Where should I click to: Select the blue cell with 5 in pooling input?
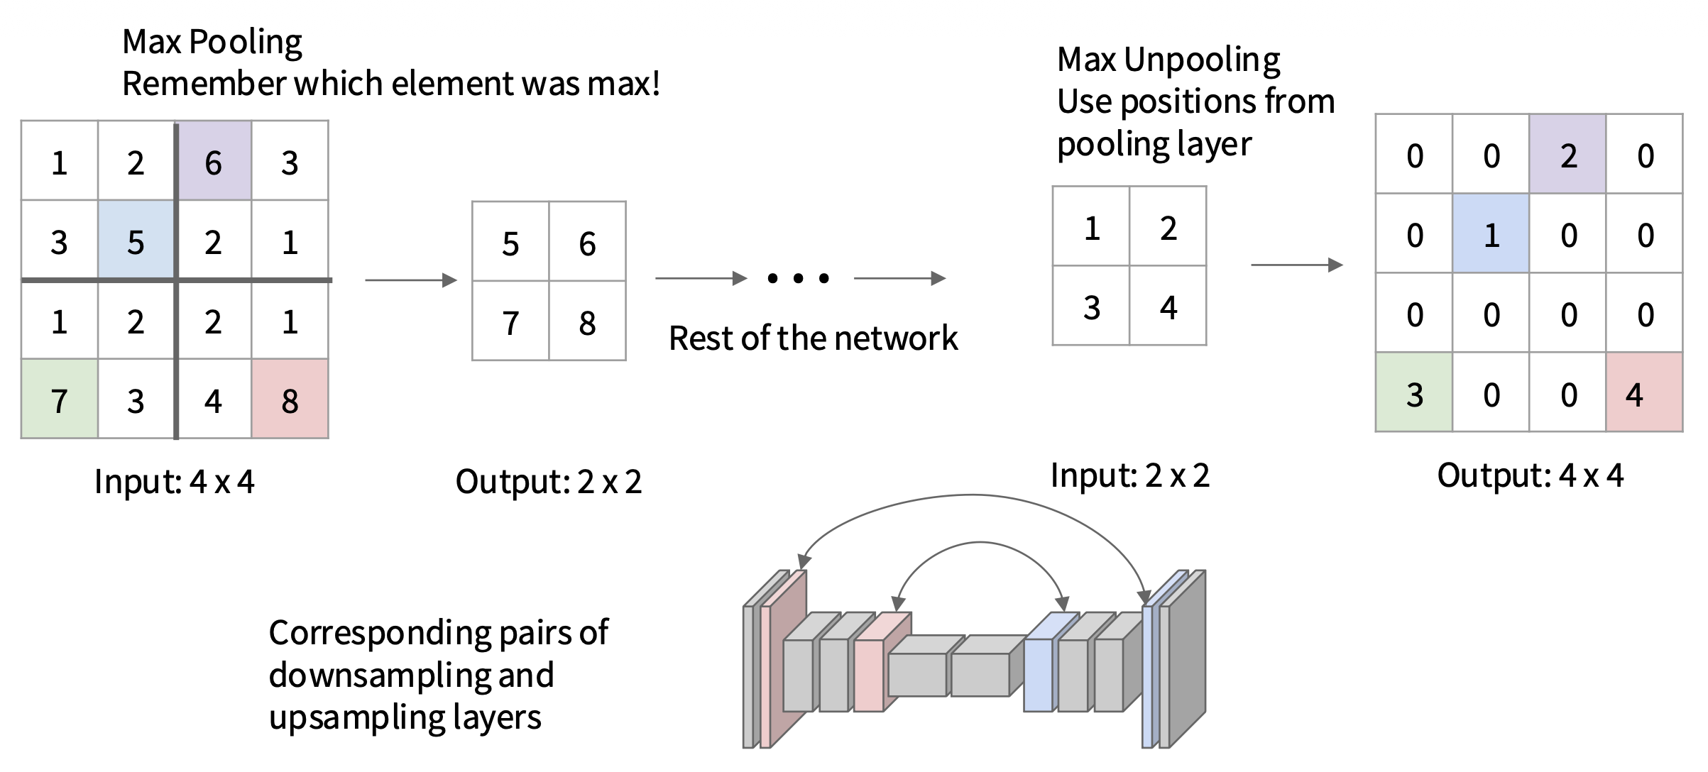(136, 241)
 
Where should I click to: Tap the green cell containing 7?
(60, 399)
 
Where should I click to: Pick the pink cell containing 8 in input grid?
(290, 399)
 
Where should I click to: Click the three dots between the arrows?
(799, 278)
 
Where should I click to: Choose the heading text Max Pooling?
(212, 41)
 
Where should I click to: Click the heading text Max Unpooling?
(1168, 60)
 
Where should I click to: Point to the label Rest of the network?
(813, 338)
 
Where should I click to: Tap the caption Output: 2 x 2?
(548, 482)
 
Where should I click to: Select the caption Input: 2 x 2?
(1129, 475)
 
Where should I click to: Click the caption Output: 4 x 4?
(1530, 475)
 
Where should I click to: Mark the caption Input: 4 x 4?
(174, 482)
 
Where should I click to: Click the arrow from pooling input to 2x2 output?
(410, 280)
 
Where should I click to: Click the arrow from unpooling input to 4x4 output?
(1296, 265)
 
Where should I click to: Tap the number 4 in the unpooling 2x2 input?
(1168, 307)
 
